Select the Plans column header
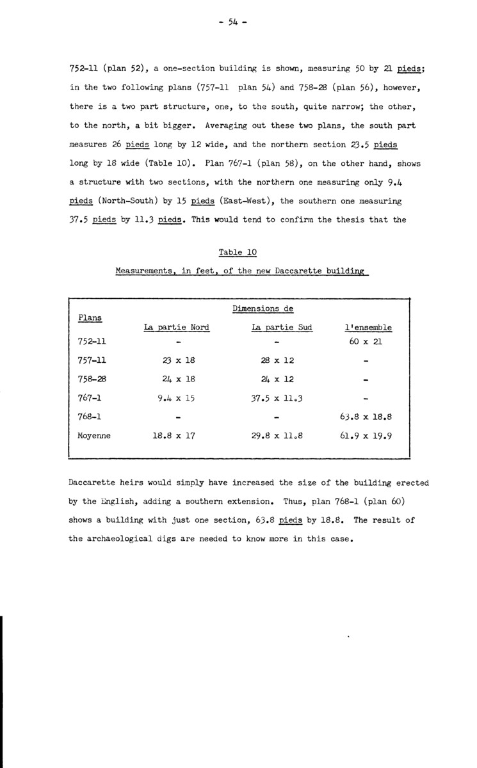point(90,317)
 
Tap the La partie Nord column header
point(176,327)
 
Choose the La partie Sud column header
point(282,327)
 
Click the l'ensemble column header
point(368,327)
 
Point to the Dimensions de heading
point(263,308)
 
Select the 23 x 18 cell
point(176,360)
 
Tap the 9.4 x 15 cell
point(176,398)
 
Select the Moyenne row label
point(94,436)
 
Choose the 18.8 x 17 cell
point(176,436)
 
